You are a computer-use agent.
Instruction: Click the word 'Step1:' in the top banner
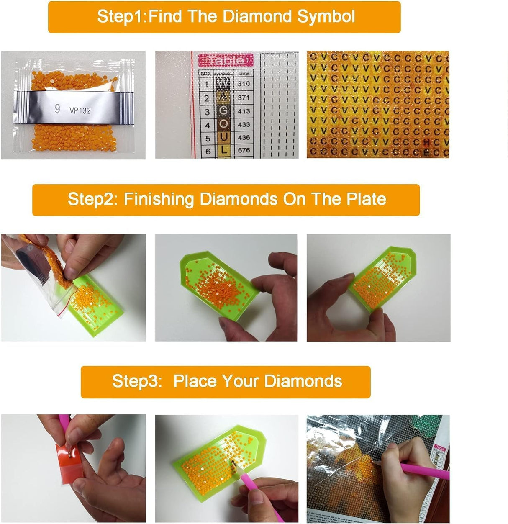point(122,17)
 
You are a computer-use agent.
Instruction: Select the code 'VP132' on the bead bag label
point(80,110)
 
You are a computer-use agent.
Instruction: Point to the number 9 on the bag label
point(57,109)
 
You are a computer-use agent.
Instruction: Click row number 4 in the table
point(207,125)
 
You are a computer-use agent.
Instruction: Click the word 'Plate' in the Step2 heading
point(366,199)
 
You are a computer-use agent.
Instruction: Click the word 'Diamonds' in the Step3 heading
point(303,381)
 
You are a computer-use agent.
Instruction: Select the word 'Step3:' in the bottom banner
point(137,381)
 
